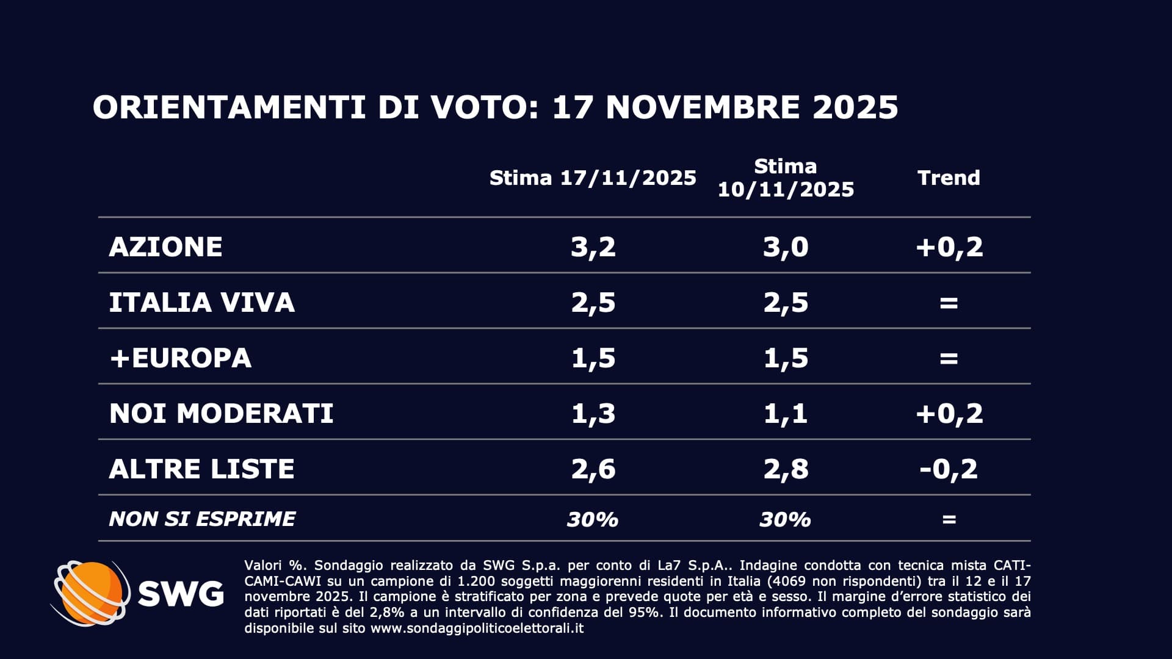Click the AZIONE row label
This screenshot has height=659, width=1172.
(165, 247)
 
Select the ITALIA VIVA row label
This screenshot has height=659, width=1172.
(201, 302)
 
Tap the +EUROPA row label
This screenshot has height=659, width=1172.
(180, 358)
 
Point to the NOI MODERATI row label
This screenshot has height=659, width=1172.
(221, 413)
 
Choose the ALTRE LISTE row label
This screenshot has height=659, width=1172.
(201, 469)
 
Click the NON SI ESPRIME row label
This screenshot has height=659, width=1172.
(201, 519)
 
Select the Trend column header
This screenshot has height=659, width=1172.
(949, 178)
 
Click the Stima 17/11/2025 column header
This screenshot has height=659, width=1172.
(593, 178)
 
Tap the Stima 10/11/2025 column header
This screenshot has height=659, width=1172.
(786, 178)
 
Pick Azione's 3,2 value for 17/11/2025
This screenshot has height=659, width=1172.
(593, 247)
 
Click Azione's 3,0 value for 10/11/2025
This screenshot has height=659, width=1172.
(786, 247)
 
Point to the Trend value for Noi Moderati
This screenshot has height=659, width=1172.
(949, 413)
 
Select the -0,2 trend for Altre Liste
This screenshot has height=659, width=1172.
(949, 469)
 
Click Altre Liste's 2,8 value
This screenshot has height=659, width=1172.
(786, 469)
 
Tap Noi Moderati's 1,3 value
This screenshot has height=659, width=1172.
(593, 413)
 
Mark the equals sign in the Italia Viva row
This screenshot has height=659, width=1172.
(949, 302)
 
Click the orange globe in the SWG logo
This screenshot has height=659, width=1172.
(92, 592)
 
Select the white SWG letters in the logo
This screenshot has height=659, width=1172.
(181, 593)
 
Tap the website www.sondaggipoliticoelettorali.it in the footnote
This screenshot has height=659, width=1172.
(477, 628)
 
